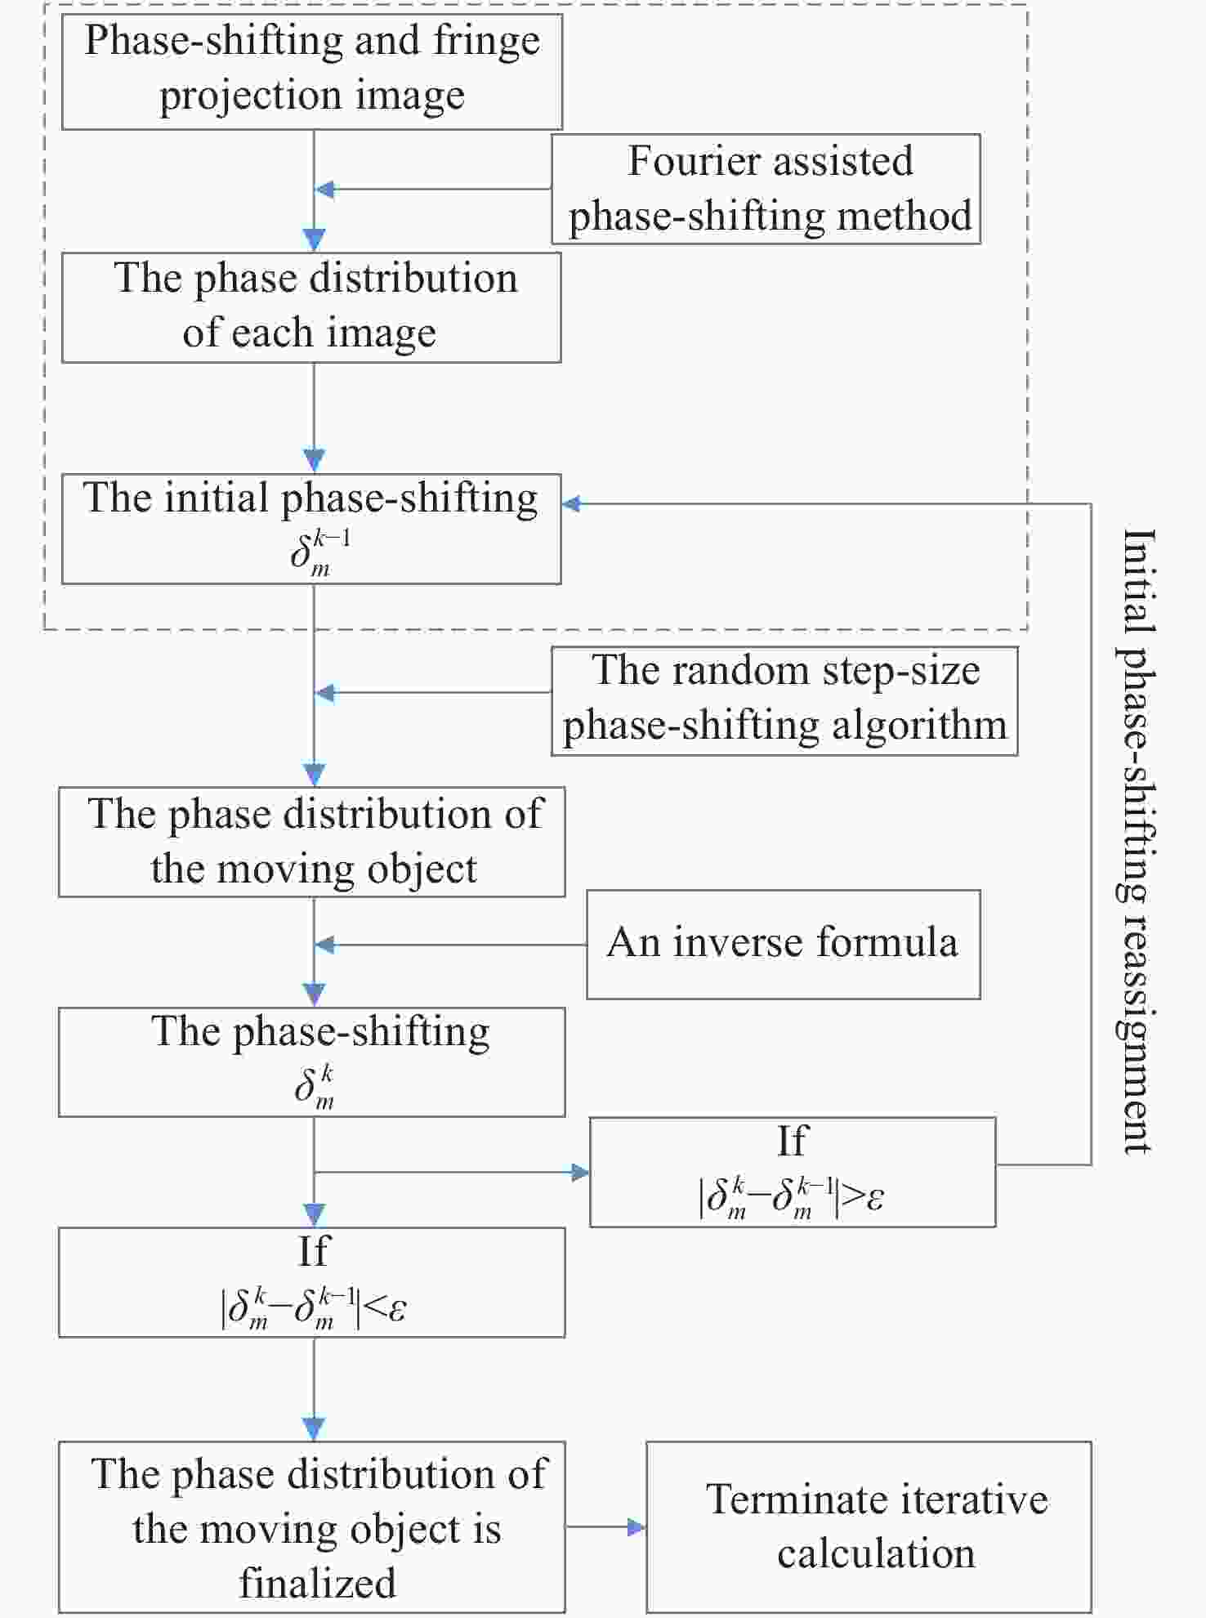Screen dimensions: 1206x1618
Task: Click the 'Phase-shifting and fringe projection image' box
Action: (312, 71)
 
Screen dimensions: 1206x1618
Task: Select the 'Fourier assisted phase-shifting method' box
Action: (766, 189)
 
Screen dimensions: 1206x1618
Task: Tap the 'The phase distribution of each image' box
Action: (311, 307)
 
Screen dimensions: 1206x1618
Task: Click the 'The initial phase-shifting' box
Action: (311, 529)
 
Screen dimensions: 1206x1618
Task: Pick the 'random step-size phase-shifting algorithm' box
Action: (784, 701)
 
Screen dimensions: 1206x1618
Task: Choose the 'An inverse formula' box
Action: (784, 945)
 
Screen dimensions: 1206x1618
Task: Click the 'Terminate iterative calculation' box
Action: (869, 1526)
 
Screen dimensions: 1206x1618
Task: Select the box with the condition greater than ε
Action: (793, 1172)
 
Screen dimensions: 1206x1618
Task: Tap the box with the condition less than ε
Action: (311, 1282)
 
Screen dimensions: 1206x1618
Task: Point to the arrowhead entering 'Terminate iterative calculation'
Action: (636, 1526)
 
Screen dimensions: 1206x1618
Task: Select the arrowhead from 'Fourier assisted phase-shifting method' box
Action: (325, 190)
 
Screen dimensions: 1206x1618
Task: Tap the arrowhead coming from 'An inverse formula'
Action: (325, 945)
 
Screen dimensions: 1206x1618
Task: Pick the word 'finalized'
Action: (317, 1583)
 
